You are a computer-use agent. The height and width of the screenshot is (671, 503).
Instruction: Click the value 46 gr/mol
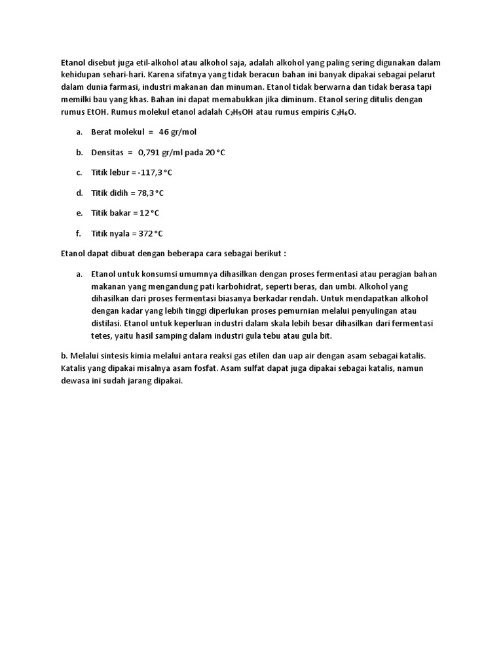(x=177, y=132)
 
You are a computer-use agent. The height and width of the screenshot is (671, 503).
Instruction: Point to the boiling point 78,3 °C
(x=149, y=193)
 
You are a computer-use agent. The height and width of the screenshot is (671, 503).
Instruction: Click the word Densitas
(x=107, y=152)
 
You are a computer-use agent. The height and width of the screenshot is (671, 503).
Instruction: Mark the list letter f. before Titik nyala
(x=79, y=233)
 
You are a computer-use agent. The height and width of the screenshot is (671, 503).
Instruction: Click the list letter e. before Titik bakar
(x=79, y=213)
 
